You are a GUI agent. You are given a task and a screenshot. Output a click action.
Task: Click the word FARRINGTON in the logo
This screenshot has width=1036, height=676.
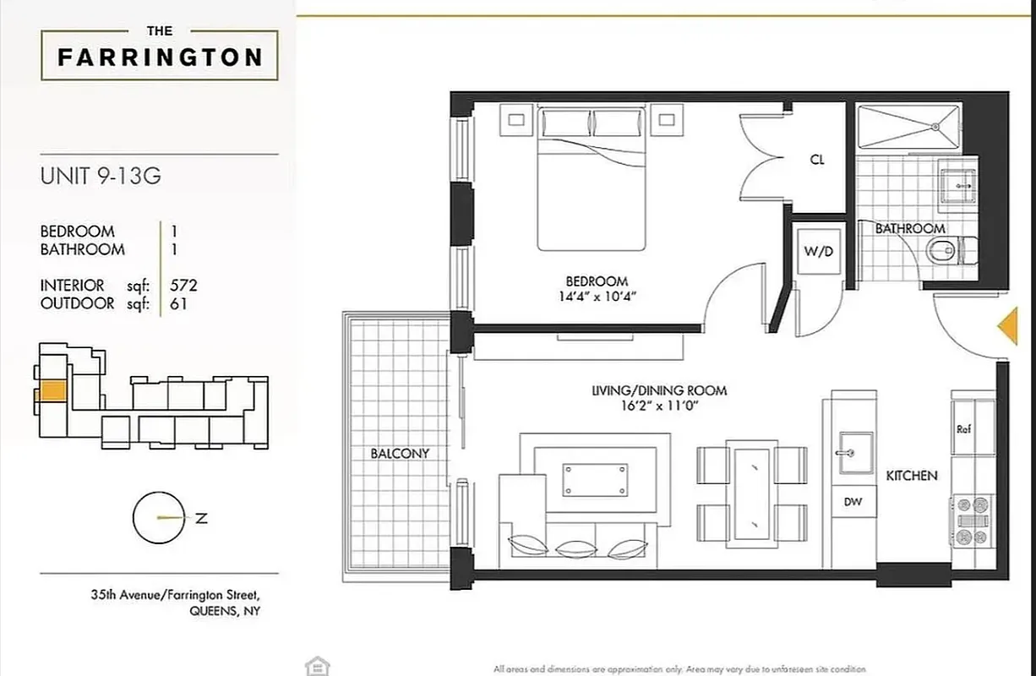160,57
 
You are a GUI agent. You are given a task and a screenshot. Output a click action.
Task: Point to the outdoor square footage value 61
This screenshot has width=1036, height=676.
179,303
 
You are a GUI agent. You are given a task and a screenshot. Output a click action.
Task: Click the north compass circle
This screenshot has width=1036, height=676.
157,518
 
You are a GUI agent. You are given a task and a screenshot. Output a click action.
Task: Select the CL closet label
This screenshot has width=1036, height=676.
816,160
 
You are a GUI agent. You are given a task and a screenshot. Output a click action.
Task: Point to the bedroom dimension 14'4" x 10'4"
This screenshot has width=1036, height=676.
597,297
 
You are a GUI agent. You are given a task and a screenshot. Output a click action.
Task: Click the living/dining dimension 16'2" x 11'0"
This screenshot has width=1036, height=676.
660,406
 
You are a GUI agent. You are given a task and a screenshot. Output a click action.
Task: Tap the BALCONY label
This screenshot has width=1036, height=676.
400,453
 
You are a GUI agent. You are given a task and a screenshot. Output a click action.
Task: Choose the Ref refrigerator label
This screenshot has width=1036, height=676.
964,428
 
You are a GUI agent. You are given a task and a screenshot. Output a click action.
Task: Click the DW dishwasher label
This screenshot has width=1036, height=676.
853,501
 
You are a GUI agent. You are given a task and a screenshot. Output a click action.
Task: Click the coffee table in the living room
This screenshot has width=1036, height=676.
596,480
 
